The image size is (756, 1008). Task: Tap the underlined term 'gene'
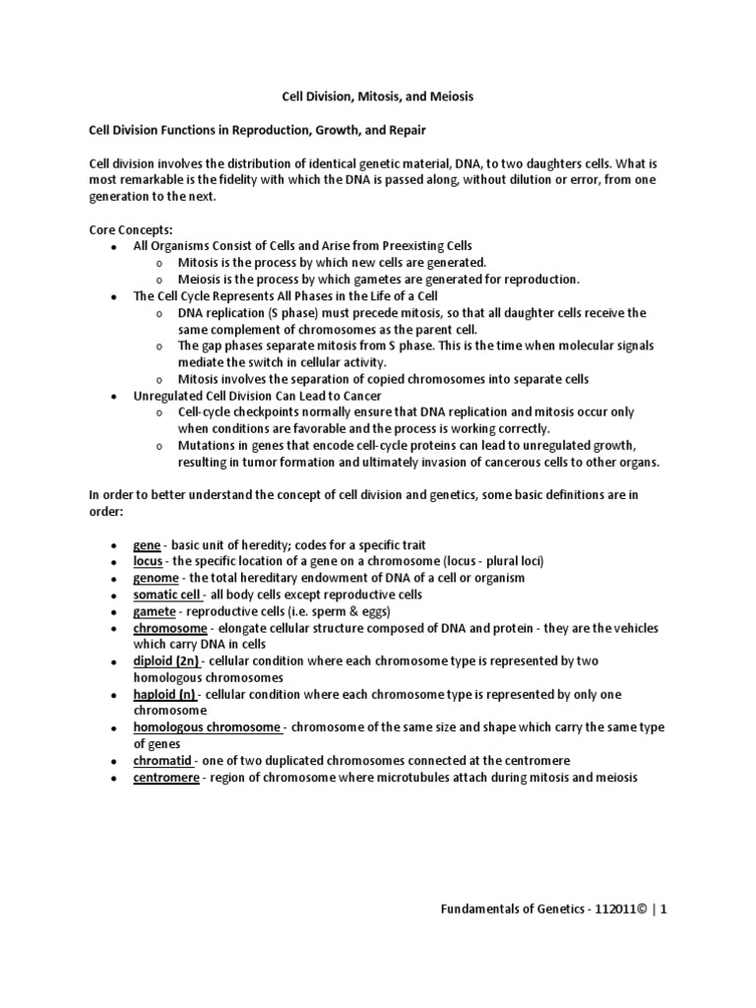147,544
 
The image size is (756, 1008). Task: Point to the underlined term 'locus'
149,561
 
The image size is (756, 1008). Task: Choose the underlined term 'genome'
157,578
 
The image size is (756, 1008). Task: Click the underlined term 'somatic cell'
167,595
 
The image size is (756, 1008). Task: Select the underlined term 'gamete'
156,611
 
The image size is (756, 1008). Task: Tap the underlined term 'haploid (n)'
165,695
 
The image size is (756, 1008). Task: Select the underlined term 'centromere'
167,778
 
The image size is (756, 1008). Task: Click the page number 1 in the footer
664,911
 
